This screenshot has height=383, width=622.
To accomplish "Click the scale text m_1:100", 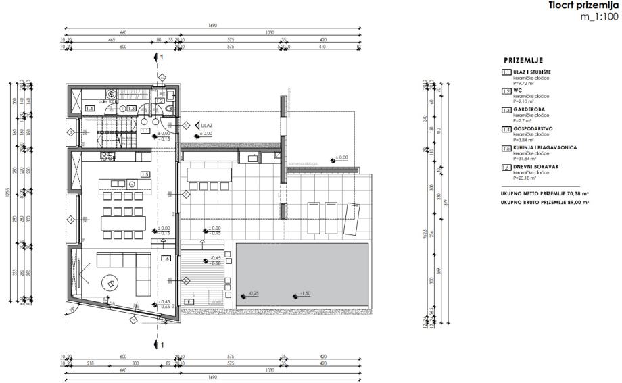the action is tap(598, 16).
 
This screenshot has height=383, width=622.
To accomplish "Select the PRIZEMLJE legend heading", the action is tap(523, 60).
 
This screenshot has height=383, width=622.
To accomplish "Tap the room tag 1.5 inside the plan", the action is tap(145, 174).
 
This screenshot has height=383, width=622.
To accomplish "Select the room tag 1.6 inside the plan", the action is tap(166, 257).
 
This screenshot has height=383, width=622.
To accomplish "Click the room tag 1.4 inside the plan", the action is tap(90, 108).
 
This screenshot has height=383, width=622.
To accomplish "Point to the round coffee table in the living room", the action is tap(109, 283).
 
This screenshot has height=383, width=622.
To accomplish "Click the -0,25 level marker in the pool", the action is tap(253, 295).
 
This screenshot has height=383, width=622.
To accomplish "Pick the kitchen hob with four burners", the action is tap(107, 157).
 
